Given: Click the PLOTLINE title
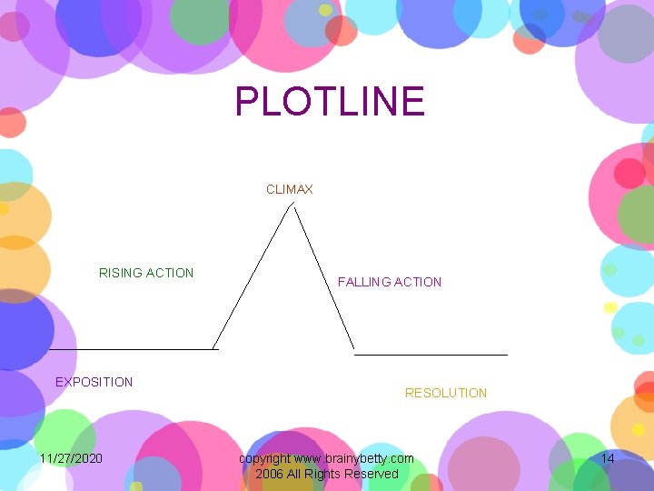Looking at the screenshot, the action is [x=330, y=101].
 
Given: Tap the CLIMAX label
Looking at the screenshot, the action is [x=289, y=189].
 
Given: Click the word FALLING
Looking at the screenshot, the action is [x=364, y=282].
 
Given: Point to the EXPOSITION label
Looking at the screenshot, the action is [x=94, y=382].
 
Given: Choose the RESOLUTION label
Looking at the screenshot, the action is [x=445, y=393].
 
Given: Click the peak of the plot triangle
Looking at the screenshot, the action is [x=292, y=205].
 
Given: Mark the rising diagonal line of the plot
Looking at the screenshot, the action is [x=253, y=276].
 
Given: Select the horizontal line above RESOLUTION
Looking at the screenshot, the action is [x=431, y=354].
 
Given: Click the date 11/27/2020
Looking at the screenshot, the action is [x=71, y=458].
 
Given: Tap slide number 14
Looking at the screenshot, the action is [x=608, y=458].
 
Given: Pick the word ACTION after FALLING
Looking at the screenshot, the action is [x=418, y=282].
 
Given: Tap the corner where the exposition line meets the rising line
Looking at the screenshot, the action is [x=214, y=348].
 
